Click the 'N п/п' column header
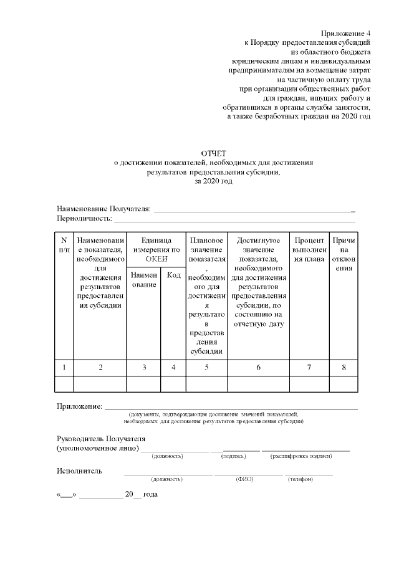[x=64, y=244]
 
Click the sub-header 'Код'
[x=173, y=275]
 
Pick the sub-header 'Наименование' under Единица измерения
[x=143, y=280]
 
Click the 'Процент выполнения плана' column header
[x=309, y=249]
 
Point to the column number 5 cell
[x=206, y=368]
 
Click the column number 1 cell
[x=64, y=368]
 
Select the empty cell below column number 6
[x=258, y=384]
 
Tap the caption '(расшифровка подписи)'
[x=300, y=456]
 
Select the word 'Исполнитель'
[x=79, y=471]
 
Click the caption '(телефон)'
[x=299, y=479]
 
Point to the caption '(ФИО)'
[x=244, y=479]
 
